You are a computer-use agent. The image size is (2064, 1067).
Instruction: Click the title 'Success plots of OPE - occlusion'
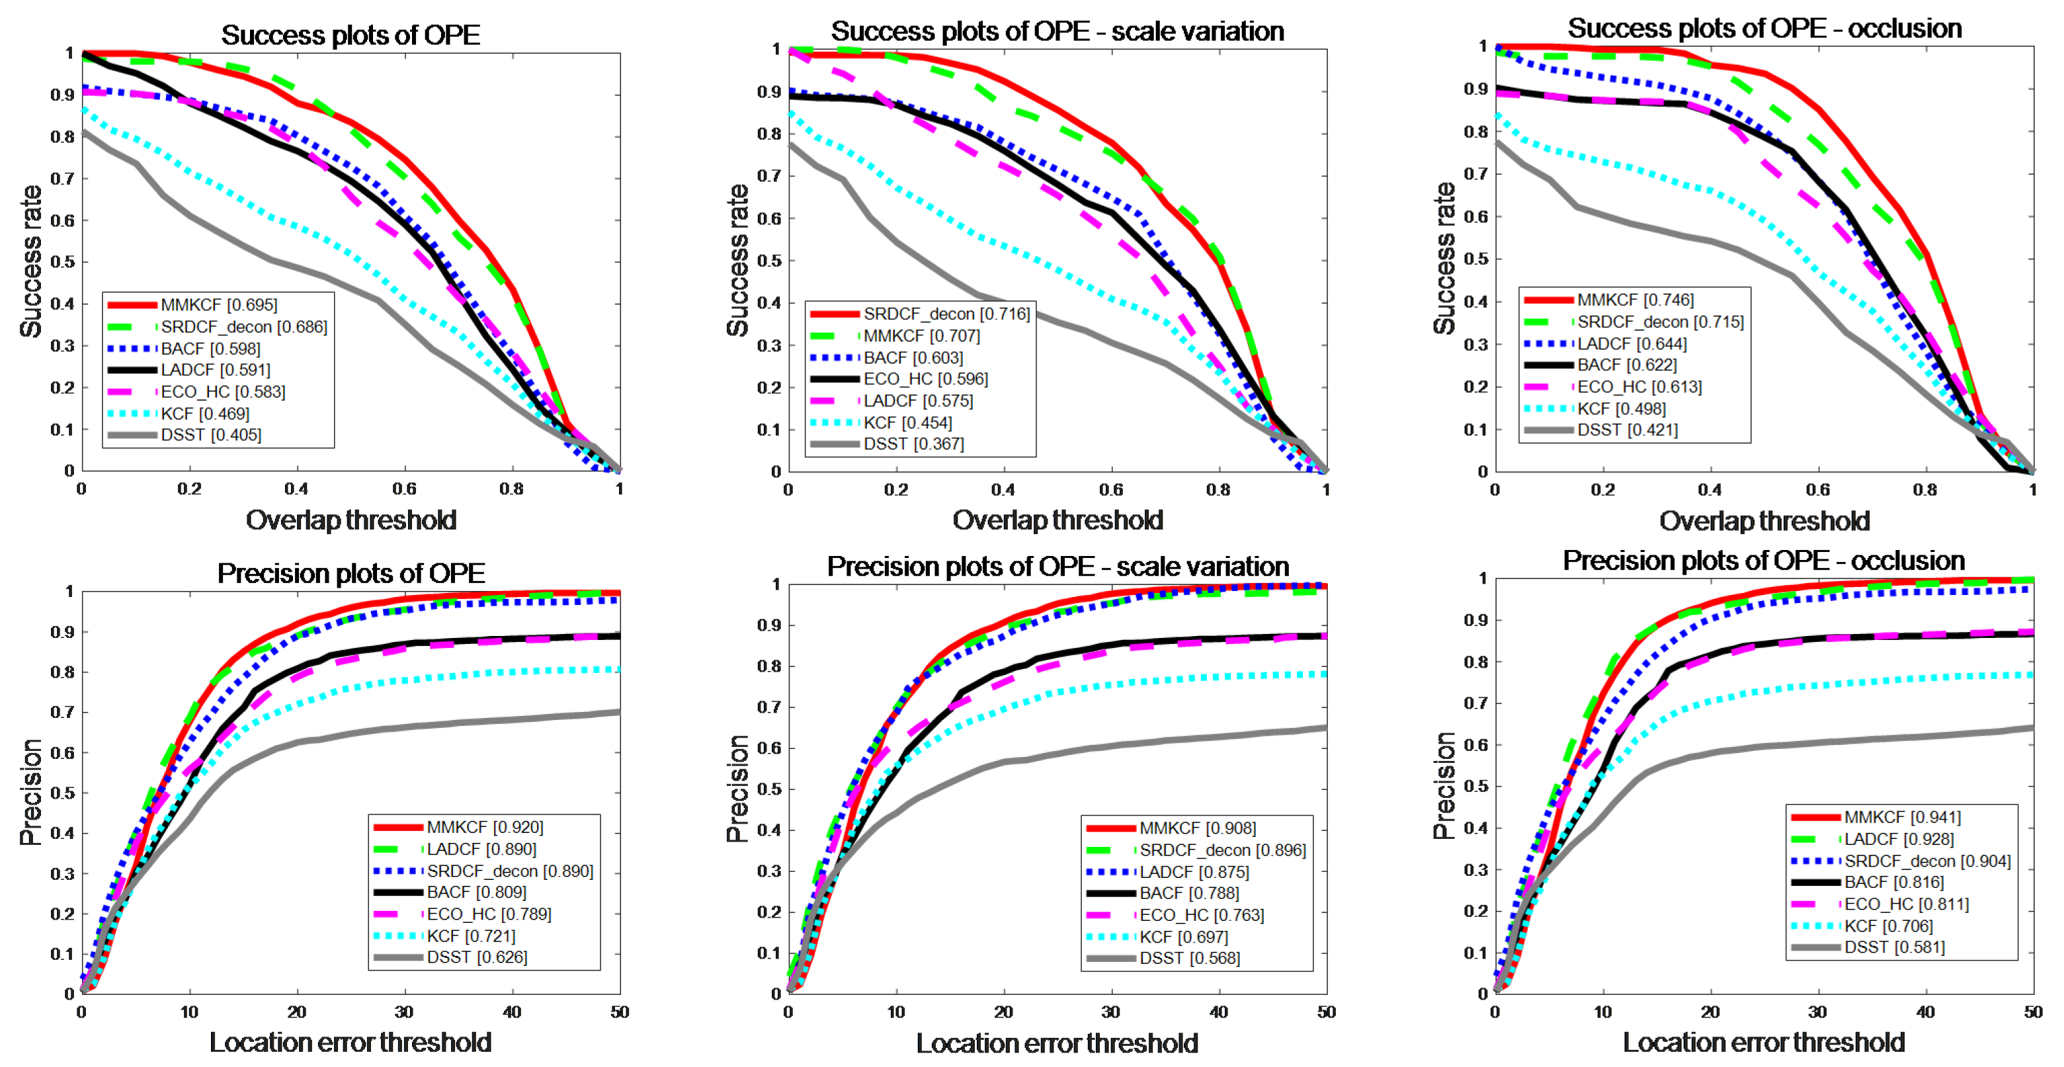point(1764,29)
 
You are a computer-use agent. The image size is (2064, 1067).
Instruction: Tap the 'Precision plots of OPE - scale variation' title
point(1057,567)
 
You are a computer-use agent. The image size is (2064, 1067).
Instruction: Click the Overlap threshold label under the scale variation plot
point(1057,520)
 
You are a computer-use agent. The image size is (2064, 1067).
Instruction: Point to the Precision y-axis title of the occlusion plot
point(1444,785)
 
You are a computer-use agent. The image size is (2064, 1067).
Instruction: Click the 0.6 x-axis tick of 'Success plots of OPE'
point(405,489)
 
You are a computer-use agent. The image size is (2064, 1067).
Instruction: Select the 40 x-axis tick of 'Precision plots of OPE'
point(511,1011)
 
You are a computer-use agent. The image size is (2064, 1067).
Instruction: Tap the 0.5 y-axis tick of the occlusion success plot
point(1476,258)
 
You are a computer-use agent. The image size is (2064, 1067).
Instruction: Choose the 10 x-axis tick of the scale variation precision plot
point(896,1011)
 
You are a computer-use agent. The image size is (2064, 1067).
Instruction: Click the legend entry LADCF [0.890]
point(481,849)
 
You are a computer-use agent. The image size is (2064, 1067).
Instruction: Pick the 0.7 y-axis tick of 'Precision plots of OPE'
point(63,712)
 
